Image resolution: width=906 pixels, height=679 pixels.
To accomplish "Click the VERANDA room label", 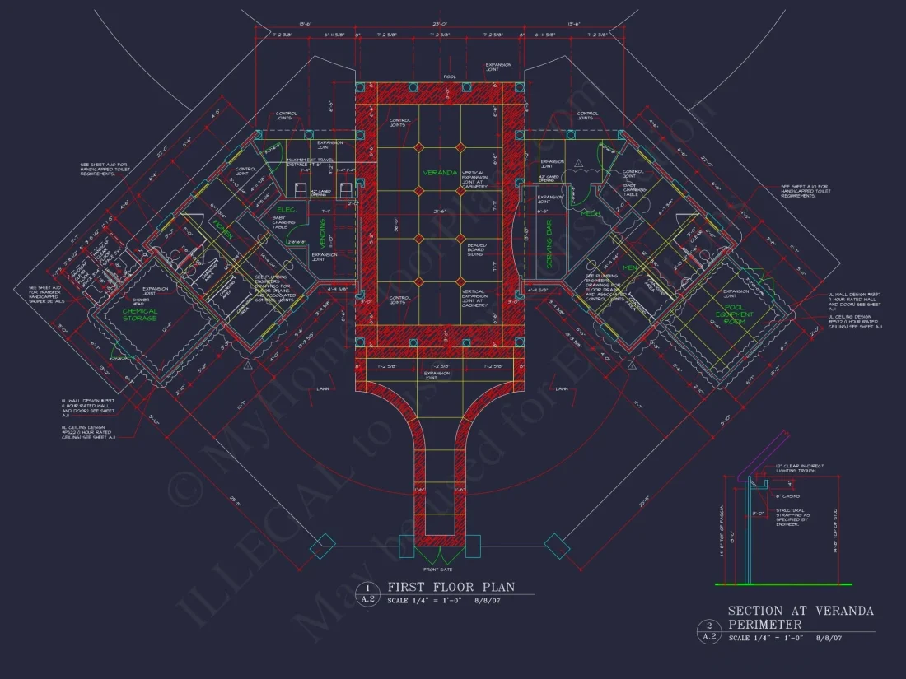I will (x=440, y=173).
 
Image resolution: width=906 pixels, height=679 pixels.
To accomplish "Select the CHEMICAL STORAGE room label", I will (x=140, y=314).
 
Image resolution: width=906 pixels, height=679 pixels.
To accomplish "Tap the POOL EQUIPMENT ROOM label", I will (x=730, y=317).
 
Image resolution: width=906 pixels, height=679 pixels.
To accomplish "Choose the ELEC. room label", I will (x=285, y=210).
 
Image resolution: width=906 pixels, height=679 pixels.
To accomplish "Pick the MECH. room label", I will (x=591, y=213).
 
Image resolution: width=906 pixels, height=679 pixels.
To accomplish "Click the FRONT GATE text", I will (x=439, y=569).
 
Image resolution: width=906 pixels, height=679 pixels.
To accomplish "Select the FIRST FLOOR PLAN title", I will (x=451, y=587).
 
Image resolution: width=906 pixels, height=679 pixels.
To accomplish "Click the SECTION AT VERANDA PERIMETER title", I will (x=801, y=617).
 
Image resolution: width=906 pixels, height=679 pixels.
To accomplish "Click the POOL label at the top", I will (x=449, y=77).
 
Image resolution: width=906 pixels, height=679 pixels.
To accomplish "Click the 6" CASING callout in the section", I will (x=787, y=495).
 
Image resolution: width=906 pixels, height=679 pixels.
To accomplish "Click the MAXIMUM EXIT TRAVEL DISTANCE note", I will (x=310, y=161).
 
